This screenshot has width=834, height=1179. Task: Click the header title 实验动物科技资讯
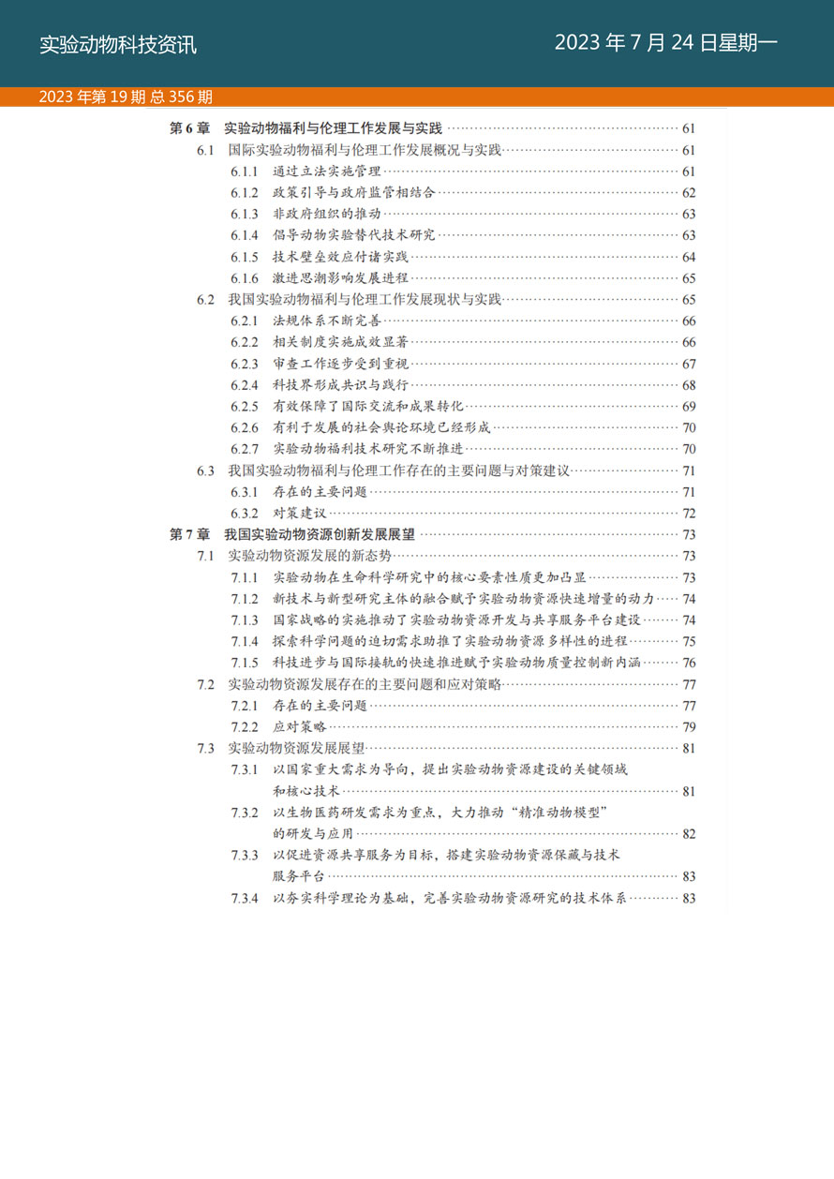(x=118, y=45)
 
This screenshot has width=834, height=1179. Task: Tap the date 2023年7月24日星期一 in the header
(x=665, y=43)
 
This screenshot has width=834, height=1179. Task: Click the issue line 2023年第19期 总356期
(x=126, y=97)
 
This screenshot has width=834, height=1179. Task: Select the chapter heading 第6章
(x=189, y=128)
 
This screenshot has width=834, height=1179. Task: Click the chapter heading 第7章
(x=189, y=534)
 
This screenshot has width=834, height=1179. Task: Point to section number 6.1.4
(x=245, y=235)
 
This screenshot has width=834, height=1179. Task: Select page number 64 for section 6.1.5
(x=689, y=257)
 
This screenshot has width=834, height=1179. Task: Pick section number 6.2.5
(x=245, y=406)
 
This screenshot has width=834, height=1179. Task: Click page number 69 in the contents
(x=689, y=406)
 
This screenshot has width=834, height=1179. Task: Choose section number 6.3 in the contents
(x=206, y=470)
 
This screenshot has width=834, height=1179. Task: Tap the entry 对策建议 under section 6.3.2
(x=300, y=513)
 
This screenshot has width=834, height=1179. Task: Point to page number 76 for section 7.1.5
(x=689, y=663)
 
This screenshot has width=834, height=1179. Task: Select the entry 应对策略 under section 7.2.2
(x=300, y=726)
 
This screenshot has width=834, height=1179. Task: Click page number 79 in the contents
(x=689, y=726)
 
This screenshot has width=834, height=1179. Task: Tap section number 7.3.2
(x=245, y=812)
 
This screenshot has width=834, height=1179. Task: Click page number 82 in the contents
(x=689, y=833)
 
